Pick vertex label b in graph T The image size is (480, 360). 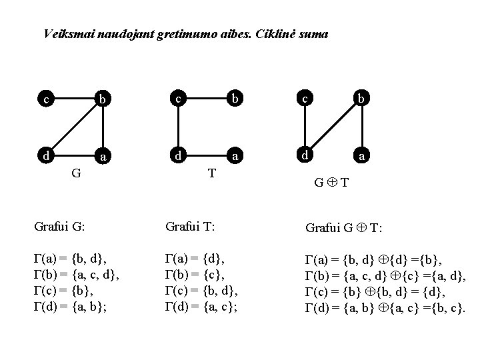(235, 100)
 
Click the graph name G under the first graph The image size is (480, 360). (77, 174)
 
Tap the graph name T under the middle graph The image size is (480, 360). (211, 173)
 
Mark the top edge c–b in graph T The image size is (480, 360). (206, 99)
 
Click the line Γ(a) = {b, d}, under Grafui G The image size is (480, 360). (70, 257)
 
